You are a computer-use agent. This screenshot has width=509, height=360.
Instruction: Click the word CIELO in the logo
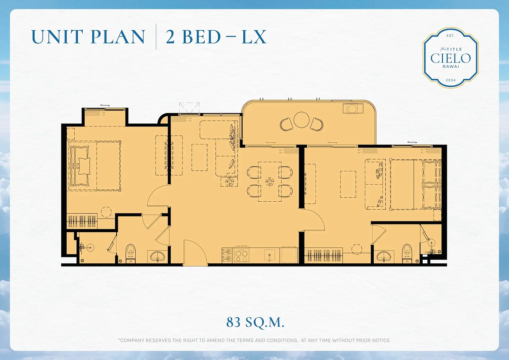[451, 58]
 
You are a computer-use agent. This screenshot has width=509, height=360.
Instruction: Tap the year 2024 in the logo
[451, 80]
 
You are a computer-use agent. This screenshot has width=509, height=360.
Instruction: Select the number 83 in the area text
[233, 322]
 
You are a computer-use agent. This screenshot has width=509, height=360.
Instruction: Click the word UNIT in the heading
[57, 37]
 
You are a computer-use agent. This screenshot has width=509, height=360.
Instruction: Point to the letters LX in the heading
[254, 37]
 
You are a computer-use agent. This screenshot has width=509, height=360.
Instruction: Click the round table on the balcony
[301, 120]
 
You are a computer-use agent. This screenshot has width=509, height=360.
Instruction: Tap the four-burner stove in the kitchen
[241, 255]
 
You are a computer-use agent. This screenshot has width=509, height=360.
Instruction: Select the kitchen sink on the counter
[270, 255]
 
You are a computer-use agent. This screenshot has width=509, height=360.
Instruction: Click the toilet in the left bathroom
[130, 253]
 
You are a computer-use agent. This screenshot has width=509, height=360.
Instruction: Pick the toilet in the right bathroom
[407, 253]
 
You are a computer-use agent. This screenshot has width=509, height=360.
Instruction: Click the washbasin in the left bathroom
[157, 256]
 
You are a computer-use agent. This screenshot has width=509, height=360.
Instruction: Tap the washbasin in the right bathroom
[384, 256]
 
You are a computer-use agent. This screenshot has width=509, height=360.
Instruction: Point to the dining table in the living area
[270, 181]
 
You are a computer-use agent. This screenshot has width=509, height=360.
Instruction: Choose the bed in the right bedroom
[416, 184]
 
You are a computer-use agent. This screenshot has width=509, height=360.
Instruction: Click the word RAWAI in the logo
[451, 66]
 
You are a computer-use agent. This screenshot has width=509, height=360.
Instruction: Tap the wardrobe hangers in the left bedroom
[82, 221]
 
